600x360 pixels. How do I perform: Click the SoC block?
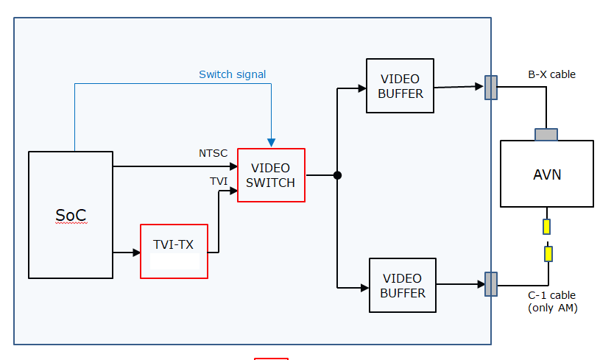pos(71,215)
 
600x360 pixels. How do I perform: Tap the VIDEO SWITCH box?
pos(271,175)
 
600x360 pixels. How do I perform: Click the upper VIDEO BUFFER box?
pos(400,86)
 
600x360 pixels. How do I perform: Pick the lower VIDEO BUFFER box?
pos(403,286)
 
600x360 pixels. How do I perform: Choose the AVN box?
pos(547,174)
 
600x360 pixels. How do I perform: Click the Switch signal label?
pos(233,74)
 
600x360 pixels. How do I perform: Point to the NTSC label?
pos(213,153)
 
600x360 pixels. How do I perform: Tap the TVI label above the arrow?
pos(219,180)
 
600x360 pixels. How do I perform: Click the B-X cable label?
pos(551,74)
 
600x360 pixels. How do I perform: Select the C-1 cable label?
pos(552,296)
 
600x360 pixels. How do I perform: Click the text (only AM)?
pos(552,308)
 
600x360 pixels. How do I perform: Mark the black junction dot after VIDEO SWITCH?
pos(337,175)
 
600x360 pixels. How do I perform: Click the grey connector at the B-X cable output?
pos(491,88)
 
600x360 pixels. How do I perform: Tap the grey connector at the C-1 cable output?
pos(491,283)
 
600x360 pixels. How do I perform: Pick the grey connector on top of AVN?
pos(546,135)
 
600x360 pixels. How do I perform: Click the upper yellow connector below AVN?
pos(547,227)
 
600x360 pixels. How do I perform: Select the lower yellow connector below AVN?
pos(548,254)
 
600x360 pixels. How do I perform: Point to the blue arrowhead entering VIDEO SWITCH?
pos(271,143)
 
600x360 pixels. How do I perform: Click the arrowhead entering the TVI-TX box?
pos(136,253)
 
